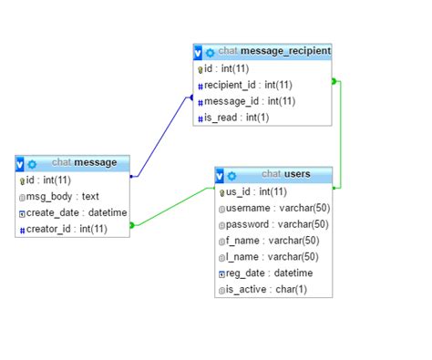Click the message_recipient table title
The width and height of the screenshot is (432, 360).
(273, 51)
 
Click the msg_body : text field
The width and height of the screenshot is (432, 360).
(62, 196)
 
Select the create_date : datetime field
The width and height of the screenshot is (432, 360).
(71, 212)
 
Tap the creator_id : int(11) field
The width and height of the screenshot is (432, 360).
(67, 229)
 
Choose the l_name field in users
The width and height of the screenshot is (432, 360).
(268, 257)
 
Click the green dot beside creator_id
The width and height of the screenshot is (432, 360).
(132, 225)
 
